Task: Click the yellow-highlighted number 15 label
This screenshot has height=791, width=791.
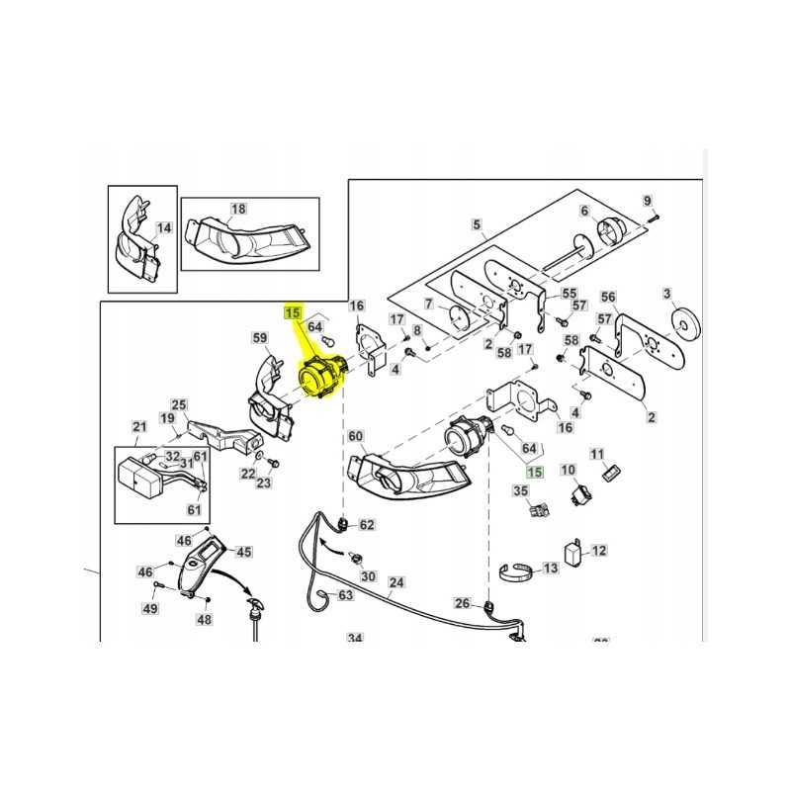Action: tap(293, 313)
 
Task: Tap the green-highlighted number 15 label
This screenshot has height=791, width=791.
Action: tap(535, 474)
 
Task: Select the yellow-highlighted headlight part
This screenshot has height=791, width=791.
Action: tap(320, 378)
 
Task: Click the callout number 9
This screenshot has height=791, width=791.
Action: tap(649, 201)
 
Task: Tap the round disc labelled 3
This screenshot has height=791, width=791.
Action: tap(682, 322)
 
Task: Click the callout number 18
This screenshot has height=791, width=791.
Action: tap(238, 209)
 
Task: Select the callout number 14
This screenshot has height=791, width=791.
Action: tap(164, 227)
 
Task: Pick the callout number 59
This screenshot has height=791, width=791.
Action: tap(261, 339)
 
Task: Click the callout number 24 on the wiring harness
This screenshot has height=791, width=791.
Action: tap(396, 582)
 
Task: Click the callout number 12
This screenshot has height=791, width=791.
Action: tap(599, 551)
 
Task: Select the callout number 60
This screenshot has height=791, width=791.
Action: tap(356, 437)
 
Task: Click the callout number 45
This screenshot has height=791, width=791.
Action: tap(243, 553)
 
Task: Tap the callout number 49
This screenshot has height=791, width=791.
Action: tap(149, 608)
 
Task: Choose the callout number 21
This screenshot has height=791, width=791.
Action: tap(138, 427)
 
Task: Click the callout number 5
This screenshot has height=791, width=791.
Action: tap(478, 224)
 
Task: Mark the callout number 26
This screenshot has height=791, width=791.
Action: tap(462, 602)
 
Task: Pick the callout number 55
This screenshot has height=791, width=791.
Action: tap(569, 294)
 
